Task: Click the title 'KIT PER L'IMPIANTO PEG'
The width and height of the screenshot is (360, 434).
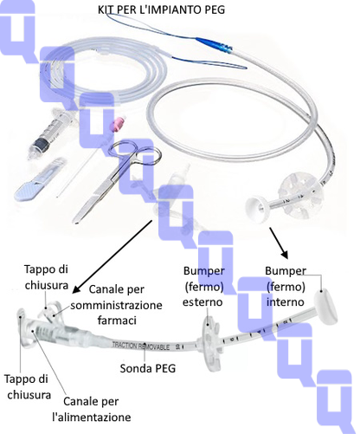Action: tap(161, 10)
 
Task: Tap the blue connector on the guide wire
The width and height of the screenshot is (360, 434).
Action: tap(215, 45)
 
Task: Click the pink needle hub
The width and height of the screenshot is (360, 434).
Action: tap(118, 124)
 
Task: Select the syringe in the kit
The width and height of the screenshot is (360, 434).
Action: tap(53, 133)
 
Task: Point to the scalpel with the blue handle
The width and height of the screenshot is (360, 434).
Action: tap(40, 180)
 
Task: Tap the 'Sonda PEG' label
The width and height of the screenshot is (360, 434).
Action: tap(148, 368)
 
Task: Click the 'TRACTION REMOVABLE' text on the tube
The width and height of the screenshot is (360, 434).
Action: tap(140, 346)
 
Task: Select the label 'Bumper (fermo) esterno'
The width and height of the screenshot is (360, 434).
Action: tap(203, 287)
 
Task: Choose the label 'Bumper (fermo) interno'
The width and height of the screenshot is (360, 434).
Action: tap(286, 287)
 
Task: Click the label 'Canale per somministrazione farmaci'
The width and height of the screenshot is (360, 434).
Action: tap(116, 305)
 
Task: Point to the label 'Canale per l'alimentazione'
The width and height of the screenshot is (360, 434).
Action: tap(92, 409)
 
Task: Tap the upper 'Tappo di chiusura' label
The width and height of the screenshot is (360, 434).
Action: tap(46, 277)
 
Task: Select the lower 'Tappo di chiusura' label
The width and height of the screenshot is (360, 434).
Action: tap(28, 386)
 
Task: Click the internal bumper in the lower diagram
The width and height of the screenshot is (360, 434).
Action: tap(326, 306)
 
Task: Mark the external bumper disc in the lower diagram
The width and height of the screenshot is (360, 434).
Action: tap(210, 344)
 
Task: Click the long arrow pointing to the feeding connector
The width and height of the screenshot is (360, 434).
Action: tap(112, 256)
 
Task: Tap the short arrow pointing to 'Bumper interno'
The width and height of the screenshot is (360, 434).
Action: tap(279, 243)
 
